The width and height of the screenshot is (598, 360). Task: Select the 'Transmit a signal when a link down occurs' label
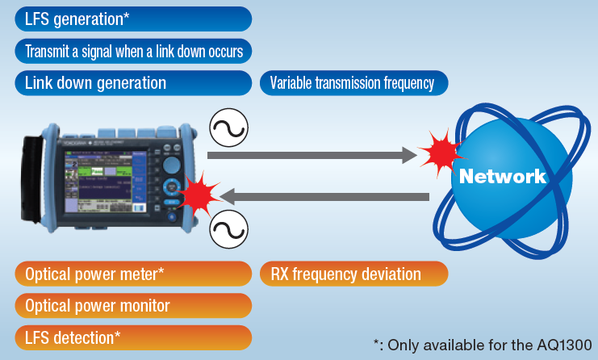click(133, 52)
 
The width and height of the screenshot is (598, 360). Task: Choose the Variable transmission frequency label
click(353, 82)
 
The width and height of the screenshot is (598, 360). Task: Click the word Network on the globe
click(502, 176)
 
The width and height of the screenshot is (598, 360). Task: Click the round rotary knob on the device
click(171, 166)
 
